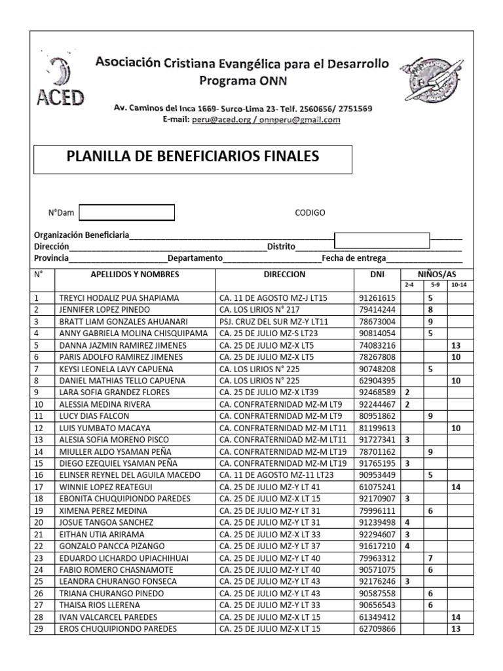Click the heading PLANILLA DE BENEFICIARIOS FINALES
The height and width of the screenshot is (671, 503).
(193, 156)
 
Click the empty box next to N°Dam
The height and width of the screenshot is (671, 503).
(126, 213)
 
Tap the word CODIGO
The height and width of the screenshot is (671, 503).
(310, 213)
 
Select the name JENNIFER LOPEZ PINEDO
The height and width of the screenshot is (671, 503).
(105, 309)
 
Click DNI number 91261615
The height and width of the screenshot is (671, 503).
(377, 297)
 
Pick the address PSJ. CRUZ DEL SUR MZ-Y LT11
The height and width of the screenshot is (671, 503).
(274, 321)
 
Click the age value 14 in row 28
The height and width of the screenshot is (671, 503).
(456, 617)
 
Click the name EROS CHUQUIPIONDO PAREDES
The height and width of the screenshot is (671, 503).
(118, 629)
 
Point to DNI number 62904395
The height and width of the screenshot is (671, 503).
(377, 381)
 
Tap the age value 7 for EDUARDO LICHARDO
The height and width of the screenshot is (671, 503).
(430, 558)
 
